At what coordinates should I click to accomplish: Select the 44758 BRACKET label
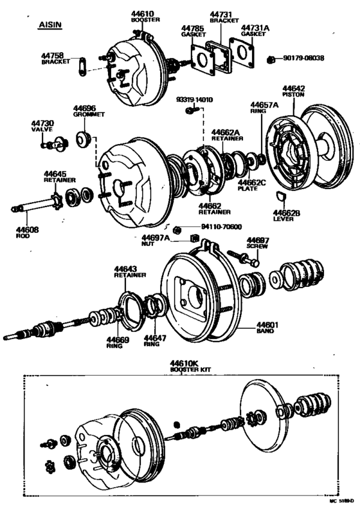click(x=55, y=59)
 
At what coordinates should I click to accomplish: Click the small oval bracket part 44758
click(x=81, y=65)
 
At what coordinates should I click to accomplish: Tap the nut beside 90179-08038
click(x=272, y=59)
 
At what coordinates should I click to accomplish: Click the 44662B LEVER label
click(x=283, y=214)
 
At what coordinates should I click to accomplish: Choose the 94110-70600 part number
click(x=221, y=226)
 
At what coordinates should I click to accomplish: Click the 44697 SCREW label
click(x=258, y=243)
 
